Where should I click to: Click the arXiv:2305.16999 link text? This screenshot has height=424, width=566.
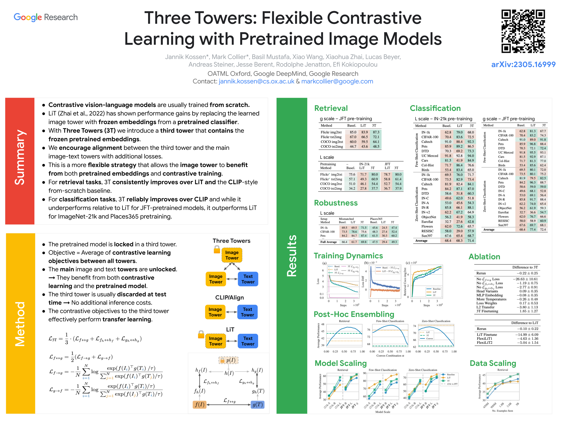(523, 64)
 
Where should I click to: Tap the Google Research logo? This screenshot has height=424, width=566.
(46, 17)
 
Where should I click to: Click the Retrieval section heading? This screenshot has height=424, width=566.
(331, 108)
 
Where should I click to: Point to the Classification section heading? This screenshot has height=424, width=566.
(435, 108)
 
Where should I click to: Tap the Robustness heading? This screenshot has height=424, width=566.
(336, 203)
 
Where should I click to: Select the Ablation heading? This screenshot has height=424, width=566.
(484, 257)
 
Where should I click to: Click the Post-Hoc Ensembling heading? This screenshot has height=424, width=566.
(354, 314)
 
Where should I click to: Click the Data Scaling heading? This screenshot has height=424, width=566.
(493, 363)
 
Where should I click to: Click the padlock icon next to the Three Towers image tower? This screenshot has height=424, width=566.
(217, 249)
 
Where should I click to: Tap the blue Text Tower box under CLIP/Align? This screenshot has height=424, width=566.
(247, 312)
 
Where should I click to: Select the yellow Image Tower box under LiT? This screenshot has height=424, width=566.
(216, 341)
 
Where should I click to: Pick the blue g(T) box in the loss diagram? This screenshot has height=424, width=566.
(257, 405)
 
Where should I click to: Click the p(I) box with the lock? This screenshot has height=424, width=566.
(228, 360)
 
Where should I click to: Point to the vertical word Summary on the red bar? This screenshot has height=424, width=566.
(20, 157)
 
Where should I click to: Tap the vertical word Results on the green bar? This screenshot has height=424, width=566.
(291, 256)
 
